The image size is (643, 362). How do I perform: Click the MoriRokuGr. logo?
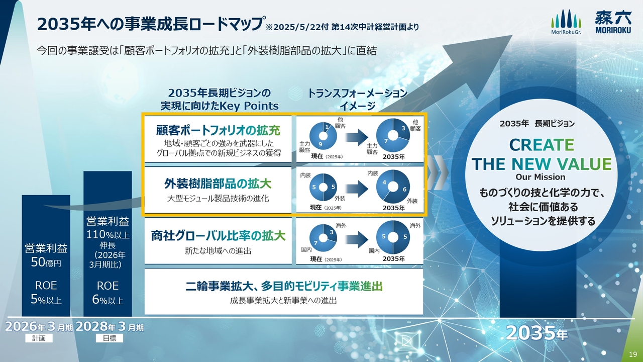tap(566, 22)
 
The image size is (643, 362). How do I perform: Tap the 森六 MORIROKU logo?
tap(613, 22)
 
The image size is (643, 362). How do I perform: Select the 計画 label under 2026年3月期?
tap(39, 338)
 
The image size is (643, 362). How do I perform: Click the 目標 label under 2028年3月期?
tap(110, 338)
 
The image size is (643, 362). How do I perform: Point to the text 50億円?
tap(46, 262)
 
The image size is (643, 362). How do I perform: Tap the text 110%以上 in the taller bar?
tap(108, 235)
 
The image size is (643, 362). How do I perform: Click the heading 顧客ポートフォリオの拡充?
tap(218, 130)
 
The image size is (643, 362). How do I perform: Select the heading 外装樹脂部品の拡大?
tap(218, 184)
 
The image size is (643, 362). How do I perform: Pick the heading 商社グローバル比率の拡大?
tap(218, 236)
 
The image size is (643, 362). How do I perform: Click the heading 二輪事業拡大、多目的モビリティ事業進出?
tap(284, 286)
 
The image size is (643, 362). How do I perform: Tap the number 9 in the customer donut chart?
tap(320, 144)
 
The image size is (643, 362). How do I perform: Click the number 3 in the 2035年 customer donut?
tap(403, 128)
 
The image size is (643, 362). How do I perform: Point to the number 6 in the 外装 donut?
tap(404, 189)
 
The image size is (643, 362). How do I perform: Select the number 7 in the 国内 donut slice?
tap(315, 243)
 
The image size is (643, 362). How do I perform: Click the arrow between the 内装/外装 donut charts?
tap(357, 189)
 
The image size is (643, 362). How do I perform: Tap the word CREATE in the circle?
tap(542, 145)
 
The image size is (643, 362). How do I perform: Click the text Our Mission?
tap(541, 177)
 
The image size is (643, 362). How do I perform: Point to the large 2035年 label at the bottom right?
tap(537, 333)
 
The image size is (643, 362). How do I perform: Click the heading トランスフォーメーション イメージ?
tap(357, 100)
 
